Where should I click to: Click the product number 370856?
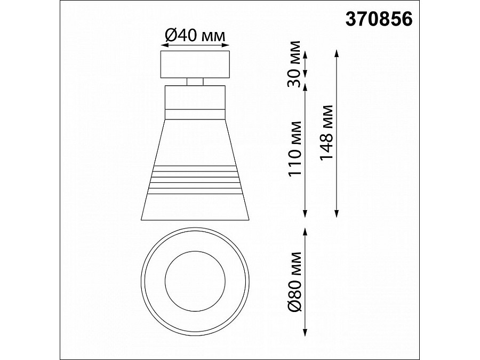coord(379,20)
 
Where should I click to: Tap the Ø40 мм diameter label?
coord(195,35)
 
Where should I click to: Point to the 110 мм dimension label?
coord(295,149)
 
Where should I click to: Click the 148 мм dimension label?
coord(326,133)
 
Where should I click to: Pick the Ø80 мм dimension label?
coord(295,281)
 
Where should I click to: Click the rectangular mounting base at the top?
coord(195,65)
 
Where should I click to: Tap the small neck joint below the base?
coord(195,82)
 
